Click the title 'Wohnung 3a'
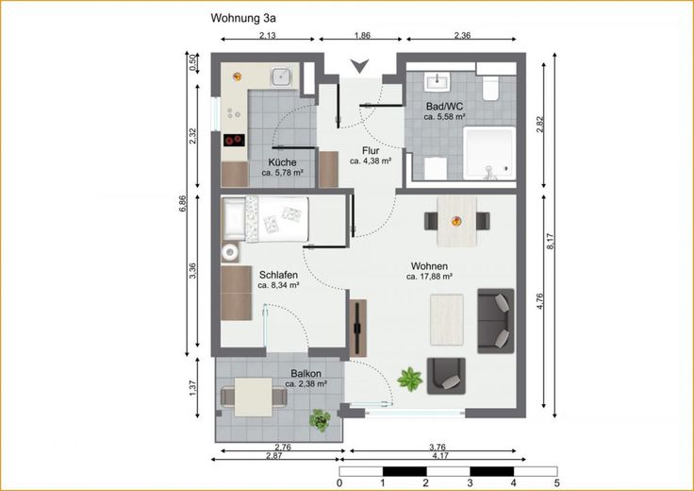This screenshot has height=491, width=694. tap(243, 18)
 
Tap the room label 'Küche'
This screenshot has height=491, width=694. tap(282, 162)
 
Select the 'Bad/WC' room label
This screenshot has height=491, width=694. tap(444, 107)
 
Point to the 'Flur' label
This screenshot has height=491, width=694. tap(371, 151)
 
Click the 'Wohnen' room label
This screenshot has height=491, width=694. tap(429, 266)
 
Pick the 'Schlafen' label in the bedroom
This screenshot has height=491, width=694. tap(278, 275)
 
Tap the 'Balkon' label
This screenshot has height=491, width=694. tap(306, 374)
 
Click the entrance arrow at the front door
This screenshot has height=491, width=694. tap(360, 66)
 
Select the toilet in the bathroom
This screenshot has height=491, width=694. tap(491, 89)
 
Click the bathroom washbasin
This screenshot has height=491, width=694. tap(437, 81)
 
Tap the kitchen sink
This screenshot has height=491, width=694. tap(281, 77)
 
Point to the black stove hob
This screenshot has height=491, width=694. tap(234, 141)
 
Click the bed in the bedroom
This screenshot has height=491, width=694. tap(265, 219)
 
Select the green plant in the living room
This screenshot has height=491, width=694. tap(409, 380)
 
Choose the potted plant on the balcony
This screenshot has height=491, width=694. tap(320, 420)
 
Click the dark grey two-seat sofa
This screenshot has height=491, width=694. tap(496, 321)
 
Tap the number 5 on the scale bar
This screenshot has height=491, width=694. tap(556, 483)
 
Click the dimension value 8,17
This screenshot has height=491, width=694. tap(551, 241)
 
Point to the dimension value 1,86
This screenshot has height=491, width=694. tap(362, 36)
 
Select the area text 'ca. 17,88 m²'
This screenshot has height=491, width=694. tap(429, 277)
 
